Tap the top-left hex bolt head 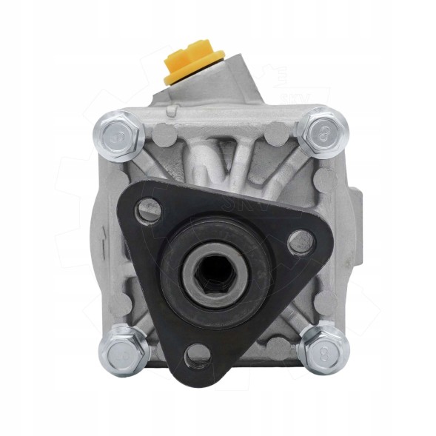click(119, 135)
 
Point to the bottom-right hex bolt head click(322, 346)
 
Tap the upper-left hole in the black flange click(150, 210)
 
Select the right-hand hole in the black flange click(300, 241)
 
